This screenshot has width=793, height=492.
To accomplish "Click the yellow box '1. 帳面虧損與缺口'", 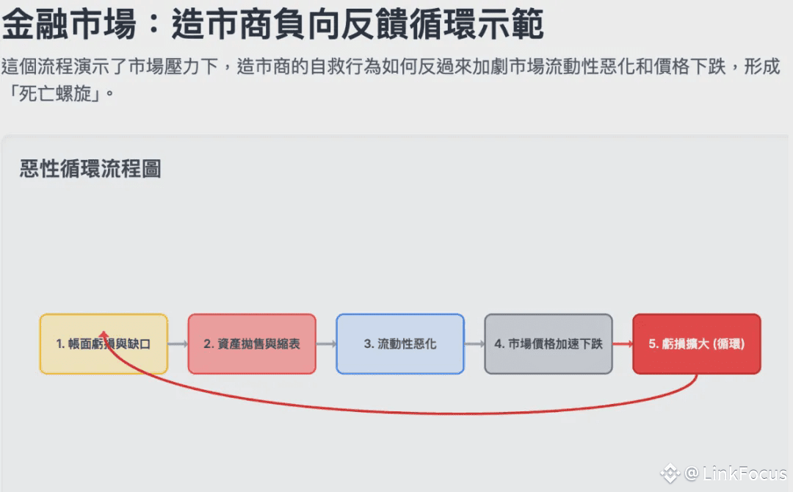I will [104, 344].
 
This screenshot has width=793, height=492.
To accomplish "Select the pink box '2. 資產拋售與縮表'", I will [252, 344].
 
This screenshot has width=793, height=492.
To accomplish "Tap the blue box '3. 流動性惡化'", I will [400, 344].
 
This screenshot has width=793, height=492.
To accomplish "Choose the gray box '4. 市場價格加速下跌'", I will [548, 344].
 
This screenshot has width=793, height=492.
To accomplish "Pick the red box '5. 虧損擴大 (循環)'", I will [696, 344].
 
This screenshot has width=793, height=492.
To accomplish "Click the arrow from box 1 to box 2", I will [178, 344].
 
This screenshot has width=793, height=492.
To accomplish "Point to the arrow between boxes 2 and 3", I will [326, 344].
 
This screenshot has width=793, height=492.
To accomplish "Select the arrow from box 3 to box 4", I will [474, 344].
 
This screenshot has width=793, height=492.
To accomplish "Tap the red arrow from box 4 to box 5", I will [622, 344].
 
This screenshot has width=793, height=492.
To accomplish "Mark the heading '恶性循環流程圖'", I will [90, 169].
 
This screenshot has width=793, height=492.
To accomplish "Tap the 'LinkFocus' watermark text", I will [745, 474].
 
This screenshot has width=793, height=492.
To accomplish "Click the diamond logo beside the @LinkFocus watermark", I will [670, 474].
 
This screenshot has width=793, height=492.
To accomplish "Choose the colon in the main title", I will [154, 26].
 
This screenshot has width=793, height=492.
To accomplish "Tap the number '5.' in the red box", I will [653, 344].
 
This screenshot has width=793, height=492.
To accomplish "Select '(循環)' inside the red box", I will [728, 344].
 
